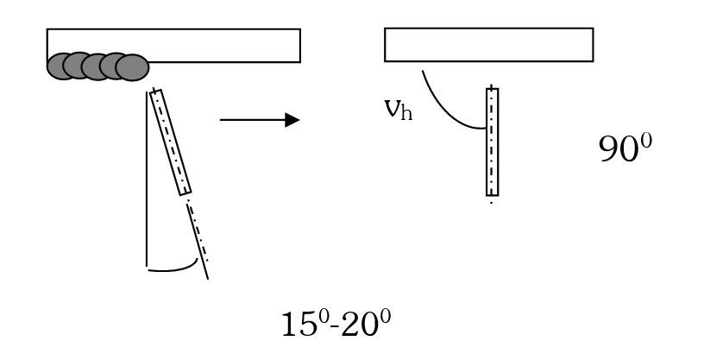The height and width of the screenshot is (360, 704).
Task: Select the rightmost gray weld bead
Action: tap(132, 67)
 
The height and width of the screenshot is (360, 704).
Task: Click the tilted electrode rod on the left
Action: tap(171, 142)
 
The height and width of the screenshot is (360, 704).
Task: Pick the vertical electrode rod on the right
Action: tap(492, 142)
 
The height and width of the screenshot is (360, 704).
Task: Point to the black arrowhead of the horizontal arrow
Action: tap(292, 120)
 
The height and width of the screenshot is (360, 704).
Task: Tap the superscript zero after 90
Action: tap(645, 142)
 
